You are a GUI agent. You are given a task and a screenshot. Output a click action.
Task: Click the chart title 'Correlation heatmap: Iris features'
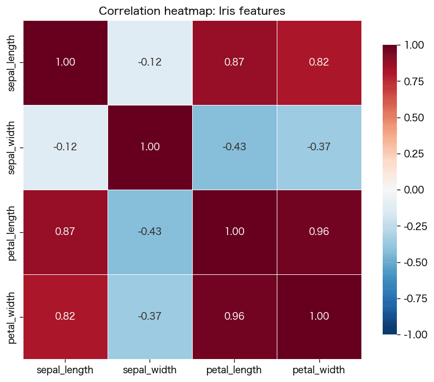192,11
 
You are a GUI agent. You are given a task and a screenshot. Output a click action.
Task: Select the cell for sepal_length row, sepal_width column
150,63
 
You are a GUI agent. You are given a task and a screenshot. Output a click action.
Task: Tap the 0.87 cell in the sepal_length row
235,63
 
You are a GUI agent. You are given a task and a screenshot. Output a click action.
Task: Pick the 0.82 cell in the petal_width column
319,63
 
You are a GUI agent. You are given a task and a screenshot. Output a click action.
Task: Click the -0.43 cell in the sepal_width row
235,148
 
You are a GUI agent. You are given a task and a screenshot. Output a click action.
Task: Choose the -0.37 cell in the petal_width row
150,316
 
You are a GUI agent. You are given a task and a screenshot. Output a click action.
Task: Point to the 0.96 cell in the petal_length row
319,232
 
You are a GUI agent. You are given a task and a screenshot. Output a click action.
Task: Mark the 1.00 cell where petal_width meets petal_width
319,316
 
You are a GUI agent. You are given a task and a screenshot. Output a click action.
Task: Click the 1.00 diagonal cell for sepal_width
150,148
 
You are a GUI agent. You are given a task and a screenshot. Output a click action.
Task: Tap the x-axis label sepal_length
65,370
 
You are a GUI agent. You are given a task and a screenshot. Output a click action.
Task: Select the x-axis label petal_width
319,370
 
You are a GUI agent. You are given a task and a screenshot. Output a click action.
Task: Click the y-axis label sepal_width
11,148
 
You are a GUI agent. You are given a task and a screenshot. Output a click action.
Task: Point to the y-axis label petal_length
11,233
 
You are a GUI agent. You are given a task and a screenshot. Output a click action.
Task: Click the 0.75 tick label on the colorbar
414,81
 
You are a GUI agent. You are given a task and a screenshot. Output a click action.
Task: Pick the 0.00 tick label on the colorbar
414,190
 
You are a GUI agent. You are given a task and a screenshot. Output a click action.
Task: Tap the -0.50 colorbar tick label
416,262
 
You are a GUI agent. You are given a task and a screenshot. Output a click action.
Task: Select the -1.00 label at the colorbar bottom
416,334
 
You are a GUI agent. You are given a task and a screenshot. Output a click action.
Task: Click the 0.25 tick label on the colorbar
414,154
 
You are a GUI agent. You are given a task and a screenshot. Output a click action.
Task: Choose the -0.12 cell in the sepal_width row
66,148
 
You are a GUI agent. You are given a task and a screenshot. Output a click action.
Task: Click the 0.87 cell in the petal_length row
66,232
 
